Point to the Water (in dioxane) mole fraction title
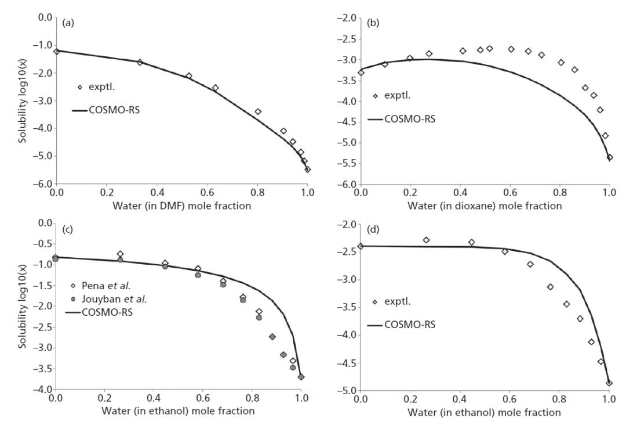[485, 205]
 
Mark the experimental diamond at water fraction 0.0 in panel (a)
[56, 51]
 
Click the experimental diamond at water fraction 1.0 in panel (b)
[609, 157]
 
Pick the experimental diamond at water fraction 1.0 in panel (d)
[609, 383]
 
